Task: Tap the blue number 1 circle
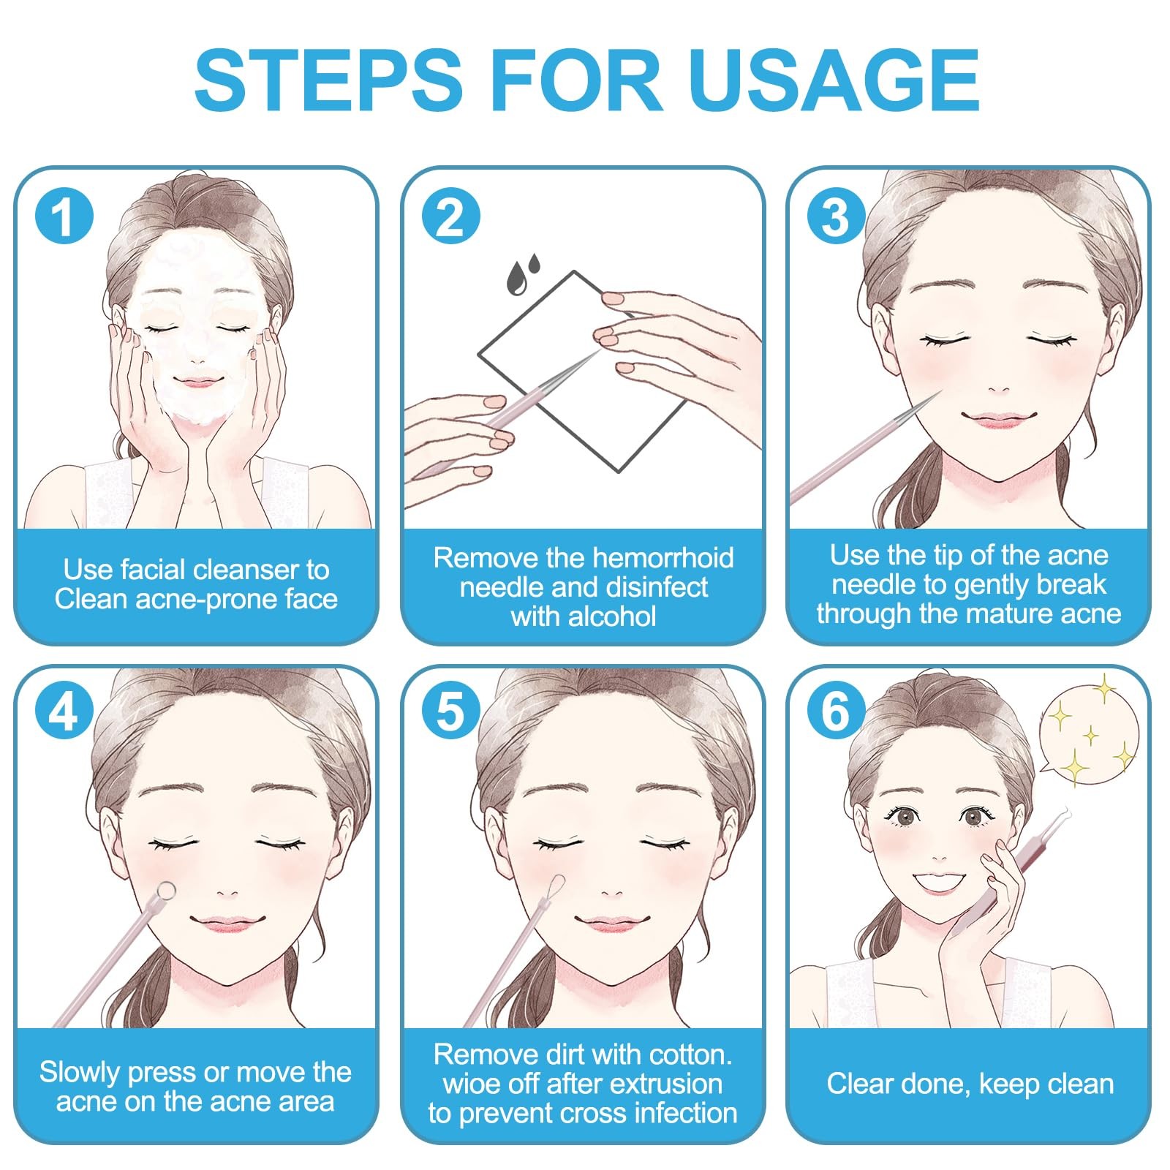(x=64, y=217)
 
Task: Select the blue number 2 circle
(x=450, y=217)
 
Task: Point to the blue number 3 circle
(x=836, y=217)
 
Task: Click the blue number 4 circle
(x=64, y=711)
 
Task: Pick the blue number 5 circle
(x=450, y=711)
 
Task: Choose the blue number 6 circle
(x=836, y=711)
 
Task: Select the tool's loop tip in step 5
(x=556, y=882)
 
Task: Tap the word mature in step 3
(x=1000, y=614)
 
